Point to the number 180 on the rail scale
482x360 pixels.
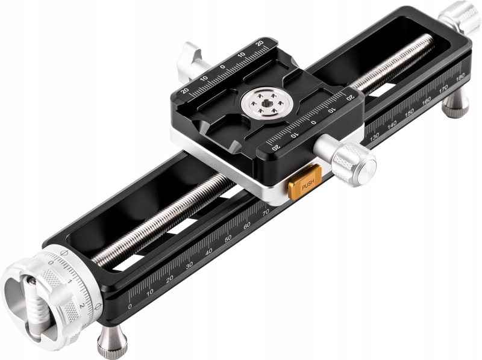tap(461, 76)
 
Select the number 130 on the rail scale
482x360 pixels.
tap(375, 137)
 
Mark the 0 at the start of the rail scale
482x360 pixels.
tap(130, 306)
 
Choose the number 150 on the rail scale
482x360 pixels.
tap(410, 113)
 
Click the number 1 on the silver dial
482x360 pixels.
tap(70, 281)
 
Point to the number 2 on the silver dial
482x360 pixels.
tap(81, 305)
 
